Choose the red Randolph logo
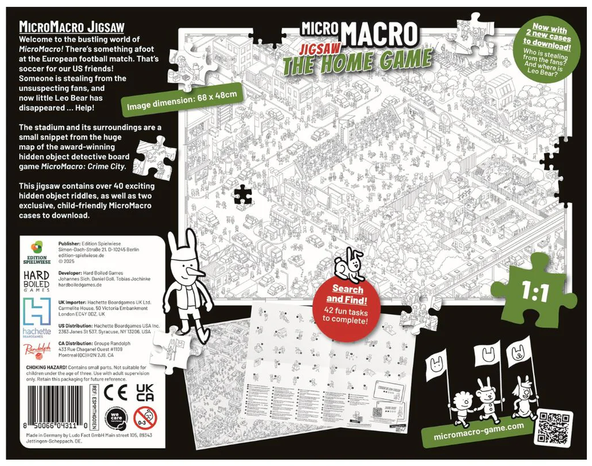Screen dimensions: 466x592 37,349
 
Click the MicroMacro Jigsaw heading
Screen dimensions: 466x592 72,27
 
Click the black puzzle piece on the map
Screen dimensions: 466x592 243,194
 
